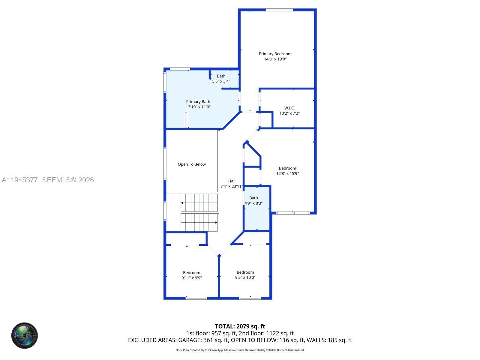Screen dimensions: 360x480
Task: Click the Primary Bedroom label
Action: [275, 54]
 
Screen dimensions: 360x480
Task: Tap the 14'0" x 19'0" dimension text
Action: [275, 59]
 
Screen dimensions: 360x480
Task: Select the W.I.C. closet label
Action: [289, 108]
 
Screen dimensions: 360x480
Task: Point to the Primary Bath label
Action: [198, 102]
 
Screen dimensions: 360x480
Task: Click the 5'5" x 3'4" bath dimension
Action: [221, 81]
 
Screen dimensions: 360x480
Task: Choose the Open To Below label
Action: [192, 164]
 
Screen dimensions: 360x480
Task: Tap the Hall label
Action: [232, 181]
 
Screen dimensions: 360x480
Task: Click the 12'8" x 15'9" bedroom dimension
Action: [287, 173]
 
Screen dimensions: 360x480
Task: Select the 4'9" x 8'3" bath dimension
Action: [253, 203]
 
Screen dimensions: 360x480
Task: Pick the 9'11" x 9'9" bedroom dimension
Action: [191, 278]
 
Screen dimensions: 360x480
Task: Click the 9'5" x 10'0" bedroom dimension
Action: [245, 277]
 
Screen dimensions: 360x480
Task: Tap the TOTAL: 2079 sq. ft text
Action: [240, 326]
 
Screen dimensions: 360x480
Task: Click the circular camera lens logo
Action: [25, 336]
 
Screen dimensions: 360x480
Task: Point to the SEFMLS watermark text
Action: [68, 180]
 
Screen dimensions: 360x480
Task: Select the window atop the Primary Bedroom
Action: [279, 10]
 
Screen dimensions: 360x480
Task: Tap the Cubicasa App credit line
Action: [240, 350]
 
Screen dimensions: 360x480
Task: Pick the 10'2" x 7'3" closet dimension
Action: [289, 113]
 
